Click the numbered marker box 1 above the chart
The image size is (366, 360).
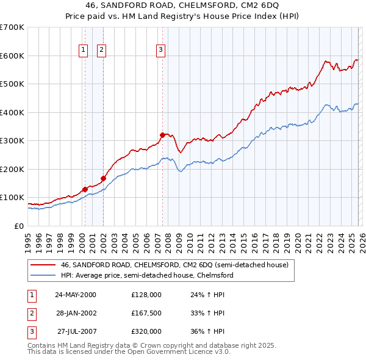(82, 51)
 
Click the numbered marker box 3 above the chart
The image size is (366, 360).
(160, 51)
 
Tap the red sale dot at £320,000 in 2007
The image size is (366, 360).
(162, 135)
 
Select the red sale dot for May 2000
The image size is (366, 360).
(85, 189)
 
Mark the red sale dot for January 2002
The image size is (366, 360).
(103, 178)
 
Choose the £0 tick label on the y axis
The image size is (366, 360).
(18, 226)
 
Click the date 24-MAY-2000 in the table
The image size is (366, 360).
(76, 294)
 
